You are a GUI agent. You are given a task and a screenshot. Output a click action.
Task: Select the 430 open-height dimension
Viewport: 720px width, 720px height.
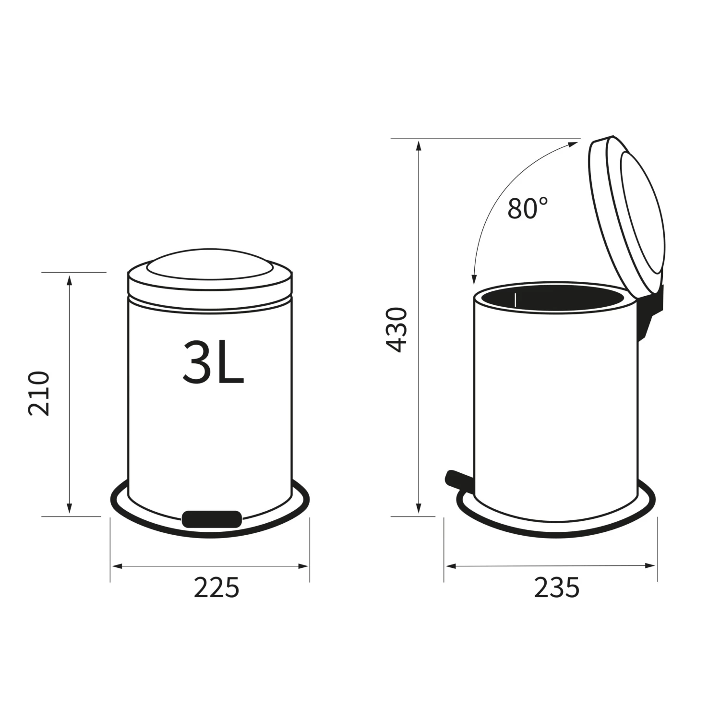397,330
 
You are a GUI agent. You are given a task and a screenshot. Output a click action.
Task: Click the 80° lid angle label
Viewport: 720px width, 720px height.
528,208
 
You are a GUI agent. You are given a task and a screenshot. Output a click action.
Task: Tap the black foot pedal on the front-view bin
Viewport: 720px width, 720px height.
212,519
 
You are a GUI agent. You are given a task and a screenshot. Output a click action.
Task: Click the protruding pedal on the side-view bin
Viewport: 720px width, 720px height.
459,481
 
